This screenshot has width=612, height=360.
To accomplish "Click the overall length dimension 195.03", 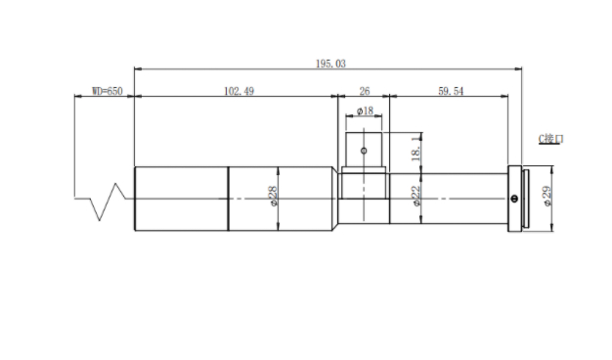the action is [x=330, y=64].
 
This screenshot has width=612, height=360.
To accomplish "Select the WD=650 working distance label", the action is [x=108, y=91].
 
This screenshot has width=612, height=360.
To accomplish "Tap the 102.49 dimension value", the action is [x=239, y=91].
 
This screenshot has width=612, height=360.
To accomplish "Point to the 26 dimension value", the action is [x=364, y=91].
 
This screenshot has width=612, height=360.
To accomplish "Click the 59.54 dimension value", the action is [x=451, y=91].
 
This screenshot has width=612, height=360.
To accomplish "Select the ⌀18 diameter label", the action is [x=365, y=112].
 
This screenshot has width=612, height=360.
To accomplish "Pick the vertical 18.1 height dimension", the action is [x=416, y=149].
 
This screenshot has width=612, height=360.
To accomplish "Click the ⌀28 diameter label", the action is [x=273, y=196].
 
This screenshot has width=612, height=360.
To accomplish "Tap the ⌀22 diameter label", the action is [x=416, y=196].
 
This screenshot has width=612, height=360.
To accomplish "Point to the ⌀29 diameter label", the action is [x=546, y=196].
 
